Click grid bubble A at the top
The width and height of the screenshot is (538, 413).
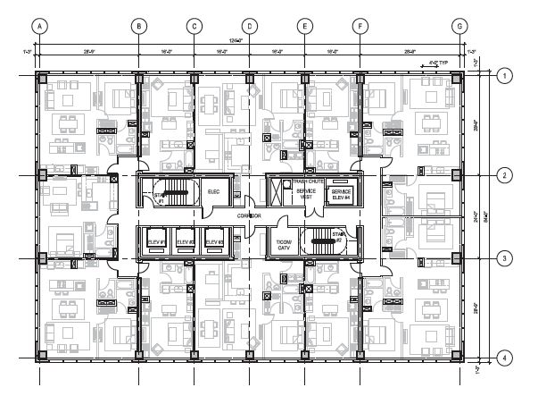(39, 27)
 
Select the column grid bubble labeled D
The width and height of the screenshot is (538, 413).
(250, 27)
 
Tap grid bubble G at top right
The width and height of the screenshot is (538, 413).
(459, 27)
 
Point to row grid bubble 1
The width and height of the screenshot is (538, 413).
(504, 77)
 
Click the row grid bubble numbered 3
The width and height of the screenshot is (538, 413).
(504, 258)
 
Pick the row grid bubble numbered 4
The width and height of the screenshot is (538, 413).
(504, 358)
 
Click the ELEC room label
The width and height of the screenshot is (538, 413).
(213, 191)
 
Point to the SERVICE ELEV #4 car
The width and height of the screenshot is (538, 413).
(342, 194)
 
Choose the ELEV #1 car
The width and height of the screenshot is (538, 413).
(157, 241)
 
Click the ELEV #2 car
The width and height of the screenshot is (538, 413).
(185, 241)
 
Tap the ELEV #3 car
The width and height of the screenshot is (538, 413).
(213, 241)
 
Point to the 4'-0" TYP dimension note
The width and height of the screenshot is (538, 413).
(435, 63)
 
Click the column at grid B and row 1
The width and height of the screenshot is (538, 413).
(139, 78)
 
